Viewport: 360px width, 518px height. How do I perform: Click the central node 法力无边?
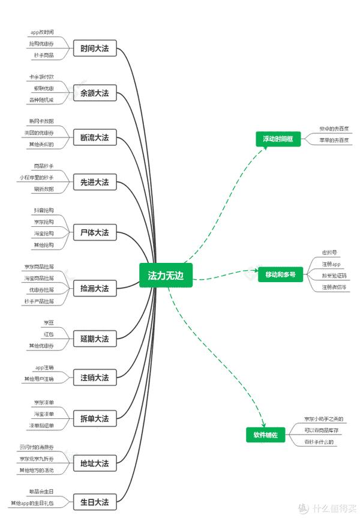point(166,275)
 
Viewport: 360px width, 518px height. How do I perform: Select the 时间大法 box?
point(94,49)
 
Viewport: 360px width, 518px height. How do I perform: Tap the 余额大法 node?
point(94,93)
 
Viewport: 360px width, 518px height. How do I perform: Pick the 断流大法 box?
point(94,137)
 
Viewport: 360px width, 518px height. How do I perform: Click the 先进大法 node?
point(94,182)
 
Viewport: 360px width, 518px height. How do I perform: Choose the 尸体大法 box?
point(94,232)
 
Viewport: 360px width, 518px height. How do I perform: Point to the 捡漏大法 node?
point(94,288)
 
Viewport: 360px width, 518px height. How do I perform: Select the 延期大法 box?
point(94,339)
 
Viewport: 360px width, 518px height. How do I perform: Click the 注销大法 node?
point(94,378)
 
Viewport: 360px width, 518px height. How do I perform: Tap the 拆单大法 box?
point(94,418)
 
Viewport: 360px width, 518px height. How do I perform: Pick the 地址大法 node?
point(94,463)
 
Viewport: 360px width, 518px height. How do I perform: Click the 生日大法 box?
point(94,502)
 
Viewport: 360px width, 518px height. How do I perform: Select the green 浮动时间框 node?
point(277,139)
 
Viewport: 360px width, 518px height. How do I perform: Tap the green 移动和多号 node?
point(280,274)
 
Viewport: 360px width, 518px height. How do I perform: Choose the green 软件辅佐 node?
point(265,435)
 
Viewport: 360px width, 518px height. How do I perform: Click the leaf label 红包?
point(49,334)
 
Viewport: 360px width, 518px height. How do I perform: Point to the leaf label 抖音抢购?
point(44,211)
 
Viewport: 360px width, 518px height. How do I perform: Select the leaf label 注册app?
point(331,264)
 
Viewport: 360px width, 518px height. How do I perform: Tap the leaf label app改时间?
point(42,32)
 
